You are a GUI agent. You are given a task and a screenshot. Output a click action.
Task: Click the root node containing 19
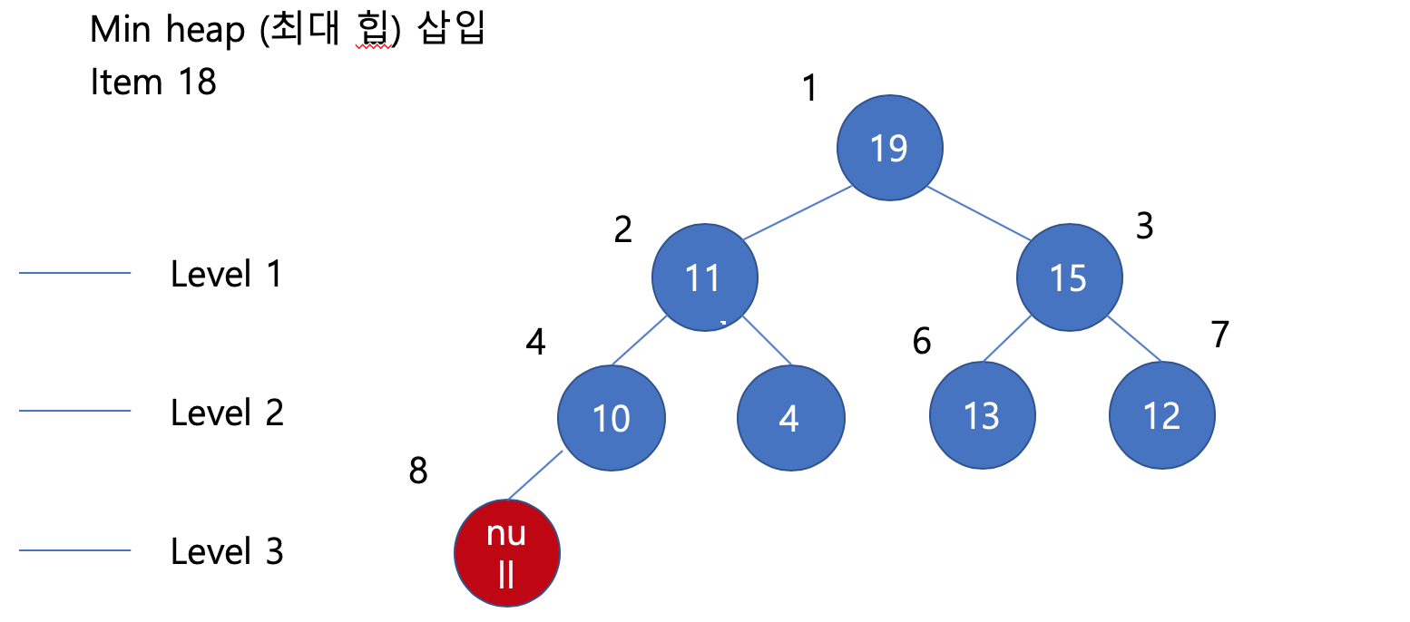click(x=889, y=148)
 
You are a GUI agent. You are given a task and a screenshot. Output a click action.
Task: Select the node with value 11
click(x=704, y=277)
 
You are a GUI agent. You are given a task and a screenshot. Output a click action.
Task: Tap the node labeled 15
click(x=1069, y=277)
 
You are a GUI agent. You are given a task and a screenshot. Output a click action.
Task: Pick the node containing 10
click(x=611, y=418)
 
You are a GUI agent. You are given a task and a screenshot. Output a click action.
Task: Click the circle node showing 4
click(x=790, y=418)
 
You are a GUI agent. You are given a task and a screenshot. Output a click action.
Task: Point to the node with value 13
click(x=982, y=416)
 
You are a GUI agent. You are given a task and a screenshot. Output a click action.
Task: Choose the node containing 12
click(x=1161, y=416)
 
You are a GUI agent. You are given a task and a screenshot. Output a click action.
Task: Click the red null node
click(x=507, y=552)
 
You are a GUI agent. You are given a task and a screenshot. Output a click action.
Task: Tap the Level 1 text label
click(x=227, y=274)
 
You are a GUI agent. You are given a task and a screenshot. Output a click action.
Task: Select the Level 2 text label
click(x=227, y=413)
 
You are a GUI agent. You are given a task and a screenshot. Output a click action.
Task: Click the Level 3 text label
click(x=227, y=551)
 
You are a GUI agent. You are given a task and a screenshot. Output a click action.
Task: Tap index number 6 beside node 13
click(x=922, y=342)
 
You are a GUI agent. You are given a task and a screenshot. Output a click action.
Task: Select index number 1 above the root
click(x=810, y=89)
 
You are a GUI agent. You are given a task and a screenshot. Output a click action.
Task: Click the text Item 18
click(x=153, y=83)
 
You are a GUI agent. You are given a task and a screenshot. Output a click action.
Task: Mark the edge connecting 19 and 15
click(x=978, y=213)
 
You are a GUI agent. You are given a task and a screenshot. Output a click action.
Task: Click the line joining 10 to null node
click(x=535, y=475)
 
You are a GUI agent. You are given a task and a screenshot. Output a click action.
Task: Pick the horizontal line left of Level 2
click(x=74, y=412)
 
